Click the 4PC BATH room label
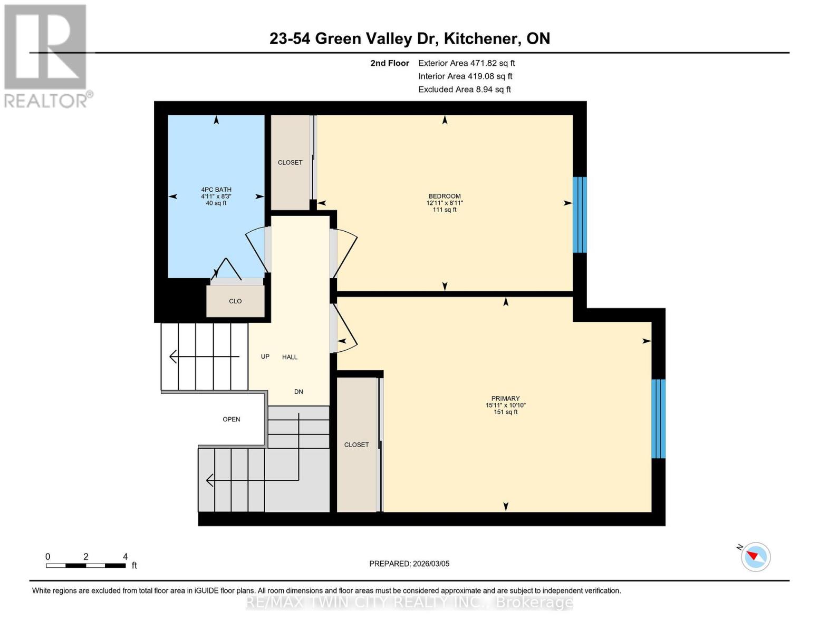(x=216, y=190)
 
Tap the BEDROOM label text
(x=445, y=196)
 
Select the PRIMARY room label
(x=505, y=399)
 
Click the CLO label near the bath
(x=235, y=301)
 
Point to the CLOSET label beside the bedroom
(x=290, y=162)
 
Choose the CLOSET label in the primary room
(x=356, y=445)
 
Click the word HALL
(x=290, y=357)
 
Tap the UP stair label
(x=265, y=357)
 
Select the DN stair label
(x=298, y=392)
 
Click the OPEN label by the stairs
(x=232, y=419)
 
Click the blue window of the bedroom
(x=580, y=215)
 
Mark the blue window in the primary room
(x=658, y=419)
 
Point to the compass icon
(x=755, y=557)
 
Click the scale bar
(x=85, y=566)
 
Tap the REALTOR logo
(x=46, y=56)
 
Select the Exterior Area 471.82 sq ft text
(x=466, y=63)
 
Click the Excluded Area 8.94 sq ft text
(x=464, y=90)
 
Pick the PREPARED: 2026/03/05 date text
(x=409, y=564)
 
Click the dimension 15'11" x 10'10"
(x=505, y=406)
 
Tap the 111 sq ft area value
(x=445, y=210)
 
